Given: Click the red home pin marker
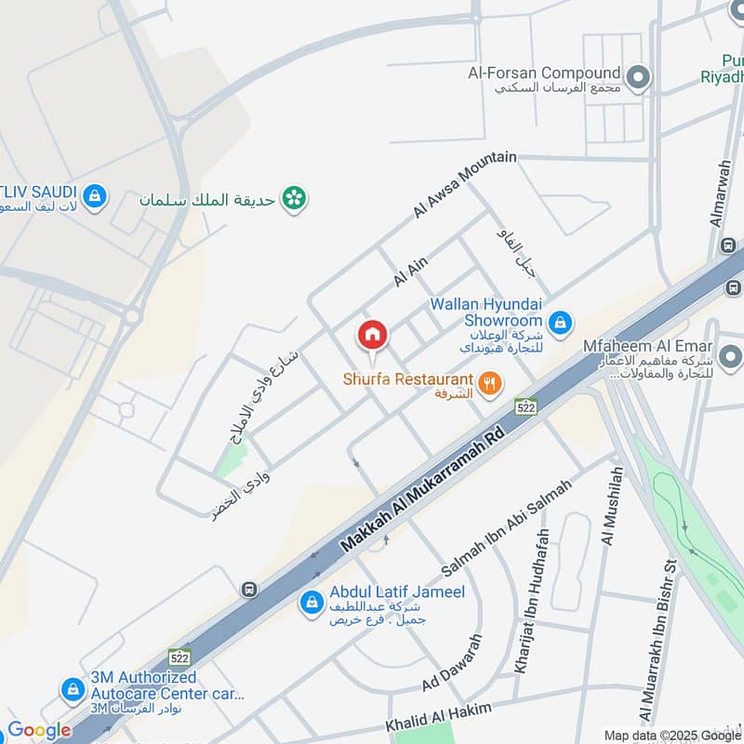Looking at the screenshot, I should pos(372,334).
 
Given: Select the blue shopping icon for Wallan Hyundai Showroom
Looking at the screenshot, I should pos(559,322).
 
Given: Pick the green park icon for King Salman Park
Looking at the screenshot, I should pos(295,197).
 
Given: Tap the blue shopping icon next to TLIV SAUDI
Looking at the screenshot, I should pos(94,196).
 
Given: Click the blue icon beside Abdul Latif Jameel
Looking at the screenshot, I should pos(311,602).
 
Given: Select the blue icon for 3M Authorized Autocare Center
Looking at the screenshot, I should pos(72,690).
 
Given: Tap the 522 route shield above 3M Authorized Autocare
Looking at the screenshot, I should pos(179,657).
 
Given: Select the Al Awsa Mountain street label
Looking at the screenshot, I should pos(464,186).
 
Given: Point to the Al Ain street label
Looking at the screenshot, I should pos(410,272).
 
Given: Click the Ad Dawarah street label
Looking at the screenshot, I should pos(452,663).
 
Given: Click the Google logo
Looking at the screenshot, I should pos(39,730).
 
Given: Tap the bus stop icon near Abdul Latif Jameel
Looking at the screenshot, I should pos(248,589).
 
